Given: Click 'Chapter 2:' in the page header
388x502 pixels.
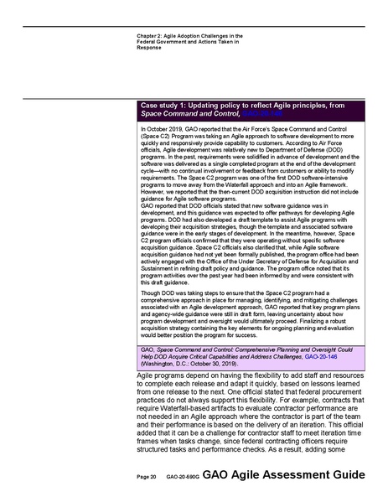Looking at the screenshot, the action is coord(149,36).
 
